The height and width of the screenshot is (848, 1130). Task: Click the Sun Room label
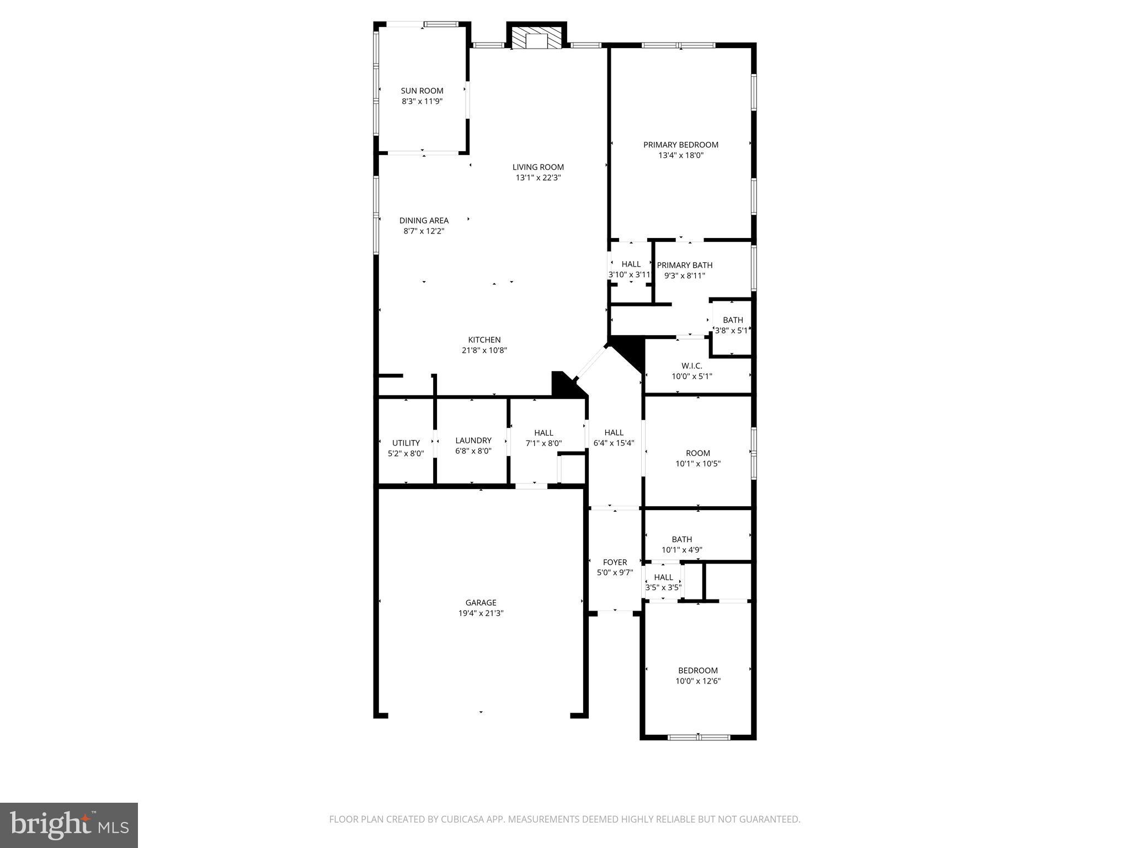[422, 91]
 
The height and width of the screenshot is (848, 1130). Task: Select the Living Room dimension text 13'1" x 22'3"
[538, 178]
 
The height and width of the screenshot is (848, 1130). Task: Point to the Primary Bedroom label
[680, 145]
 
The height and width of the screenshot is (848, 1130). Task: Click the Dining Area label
[424, 220]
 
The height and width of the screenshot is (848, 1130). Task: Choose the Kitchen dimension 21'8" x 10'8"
[484, 350]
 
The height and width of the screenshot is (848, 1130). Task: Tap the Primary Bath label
[684, 265]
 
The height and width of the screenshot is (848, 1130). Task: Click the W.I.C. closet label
[691, 365]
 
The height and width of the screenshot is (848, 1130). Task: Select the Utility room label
[406, 443]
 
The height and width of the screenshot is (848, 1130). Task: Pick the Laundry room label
[473, 441]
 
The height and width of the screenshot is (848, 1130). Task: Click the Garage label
[481, 602]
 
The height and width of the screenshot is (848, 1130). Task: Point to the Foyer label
[615, 563]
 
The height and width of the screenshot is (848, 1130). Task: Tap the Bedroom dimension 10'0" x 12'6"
[698, 681]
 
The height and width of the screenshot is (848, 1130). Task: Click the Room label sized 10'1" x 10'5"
[698, 453]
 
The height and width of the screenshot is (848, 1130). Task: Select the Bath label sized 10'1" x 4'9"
[681, 539]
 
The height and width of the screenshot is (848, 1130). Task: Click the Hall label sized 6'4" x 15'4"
[614, 433]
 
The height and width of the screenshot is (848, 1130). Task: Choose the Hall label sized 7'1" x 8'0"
[543, 433]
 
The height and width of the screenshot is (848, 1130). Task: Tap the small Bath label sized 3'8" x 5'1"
[733, 320]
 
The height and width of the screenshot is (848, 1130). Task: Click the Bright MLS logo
[69, 825]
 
